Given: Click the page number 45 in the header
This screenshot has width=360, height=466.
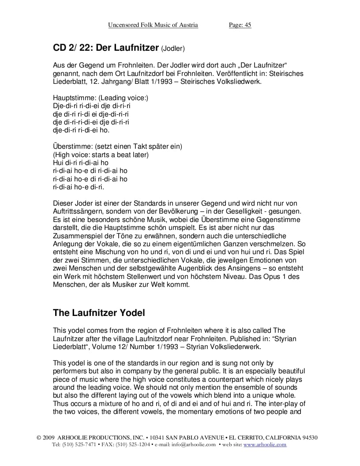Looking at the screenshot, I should (x=247, y=25).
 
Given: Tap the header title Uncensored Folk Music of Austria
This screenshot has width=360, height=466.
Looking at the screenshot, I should (x=153, y=25).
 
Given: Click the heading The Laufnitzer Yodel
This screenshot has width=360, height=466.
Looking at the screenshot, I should (x=99, y=313).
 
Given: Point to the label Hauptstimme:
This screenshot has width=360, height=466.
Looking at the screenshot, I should (x=74, y=98).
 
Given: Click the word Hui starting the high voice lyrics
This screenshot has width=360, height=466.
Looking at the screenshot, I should (x=58, y=162).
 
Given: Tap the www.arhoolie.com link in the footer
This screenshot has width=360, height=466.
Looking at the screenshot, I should (x=265, y=444).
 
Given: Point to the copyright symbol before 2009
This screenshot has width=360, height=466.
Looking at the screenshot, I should (x=39, y=438).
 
